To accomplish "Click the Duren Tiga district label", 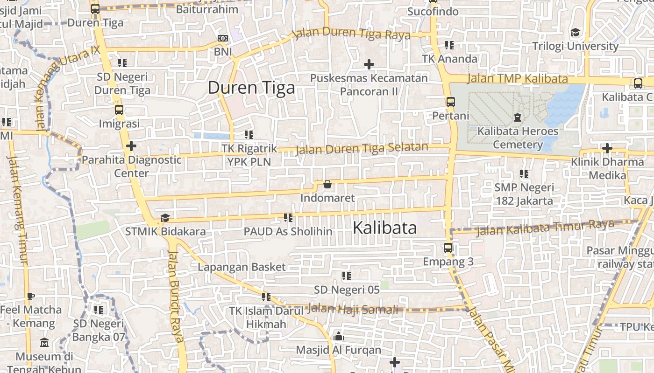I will tap(251, 88).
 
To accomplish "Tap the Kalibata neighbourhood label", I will tap(384, 228).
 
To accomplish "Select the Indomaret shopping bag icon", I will tap(327, 185).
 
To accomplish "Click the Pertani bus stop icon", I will tap(450, 102).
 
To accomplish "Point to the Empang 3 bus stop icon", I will tap(448, 248).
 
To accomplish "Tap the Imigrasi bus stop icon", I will tap(119, 111).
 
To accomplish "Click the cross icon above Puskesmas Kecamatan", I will tap(369, 64).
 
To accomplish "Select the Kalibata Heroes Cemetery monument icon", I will tap(518, 117).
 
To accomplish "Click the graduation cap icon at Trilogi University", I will tap(575, 33).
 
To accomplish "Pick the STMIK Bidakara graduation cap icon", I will tap(165, 218).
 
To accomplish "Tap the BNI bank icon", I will tap(223, 38).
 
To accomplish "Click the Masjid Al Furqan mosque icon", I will tap(339, 336).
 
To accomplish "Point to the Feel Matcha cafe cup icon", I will tap(31, 296).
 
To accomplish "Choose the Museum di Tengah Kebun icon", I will tap(44, 343).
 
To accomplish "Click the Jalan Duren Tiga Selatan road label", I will tap(362, 149).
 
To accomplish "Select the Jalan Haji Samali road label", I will tap(354, 309).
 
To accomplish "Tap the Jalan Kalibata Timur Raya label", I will tap(545, 228).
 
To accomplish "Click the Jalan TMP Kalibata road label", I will tap(517, 79).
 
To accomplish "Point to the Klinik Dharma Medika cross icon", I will tap(607, 149).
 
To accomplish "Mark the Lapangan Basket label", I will tap(242, 267).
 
